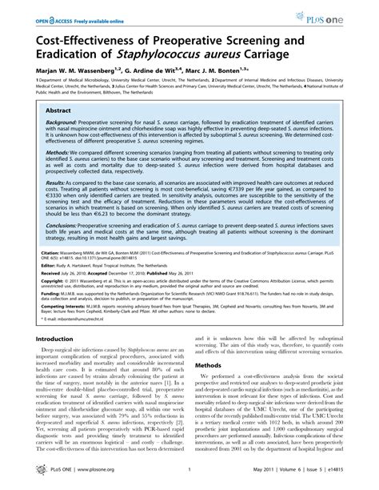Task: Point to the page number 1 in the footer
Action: [x=189, y=481]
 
